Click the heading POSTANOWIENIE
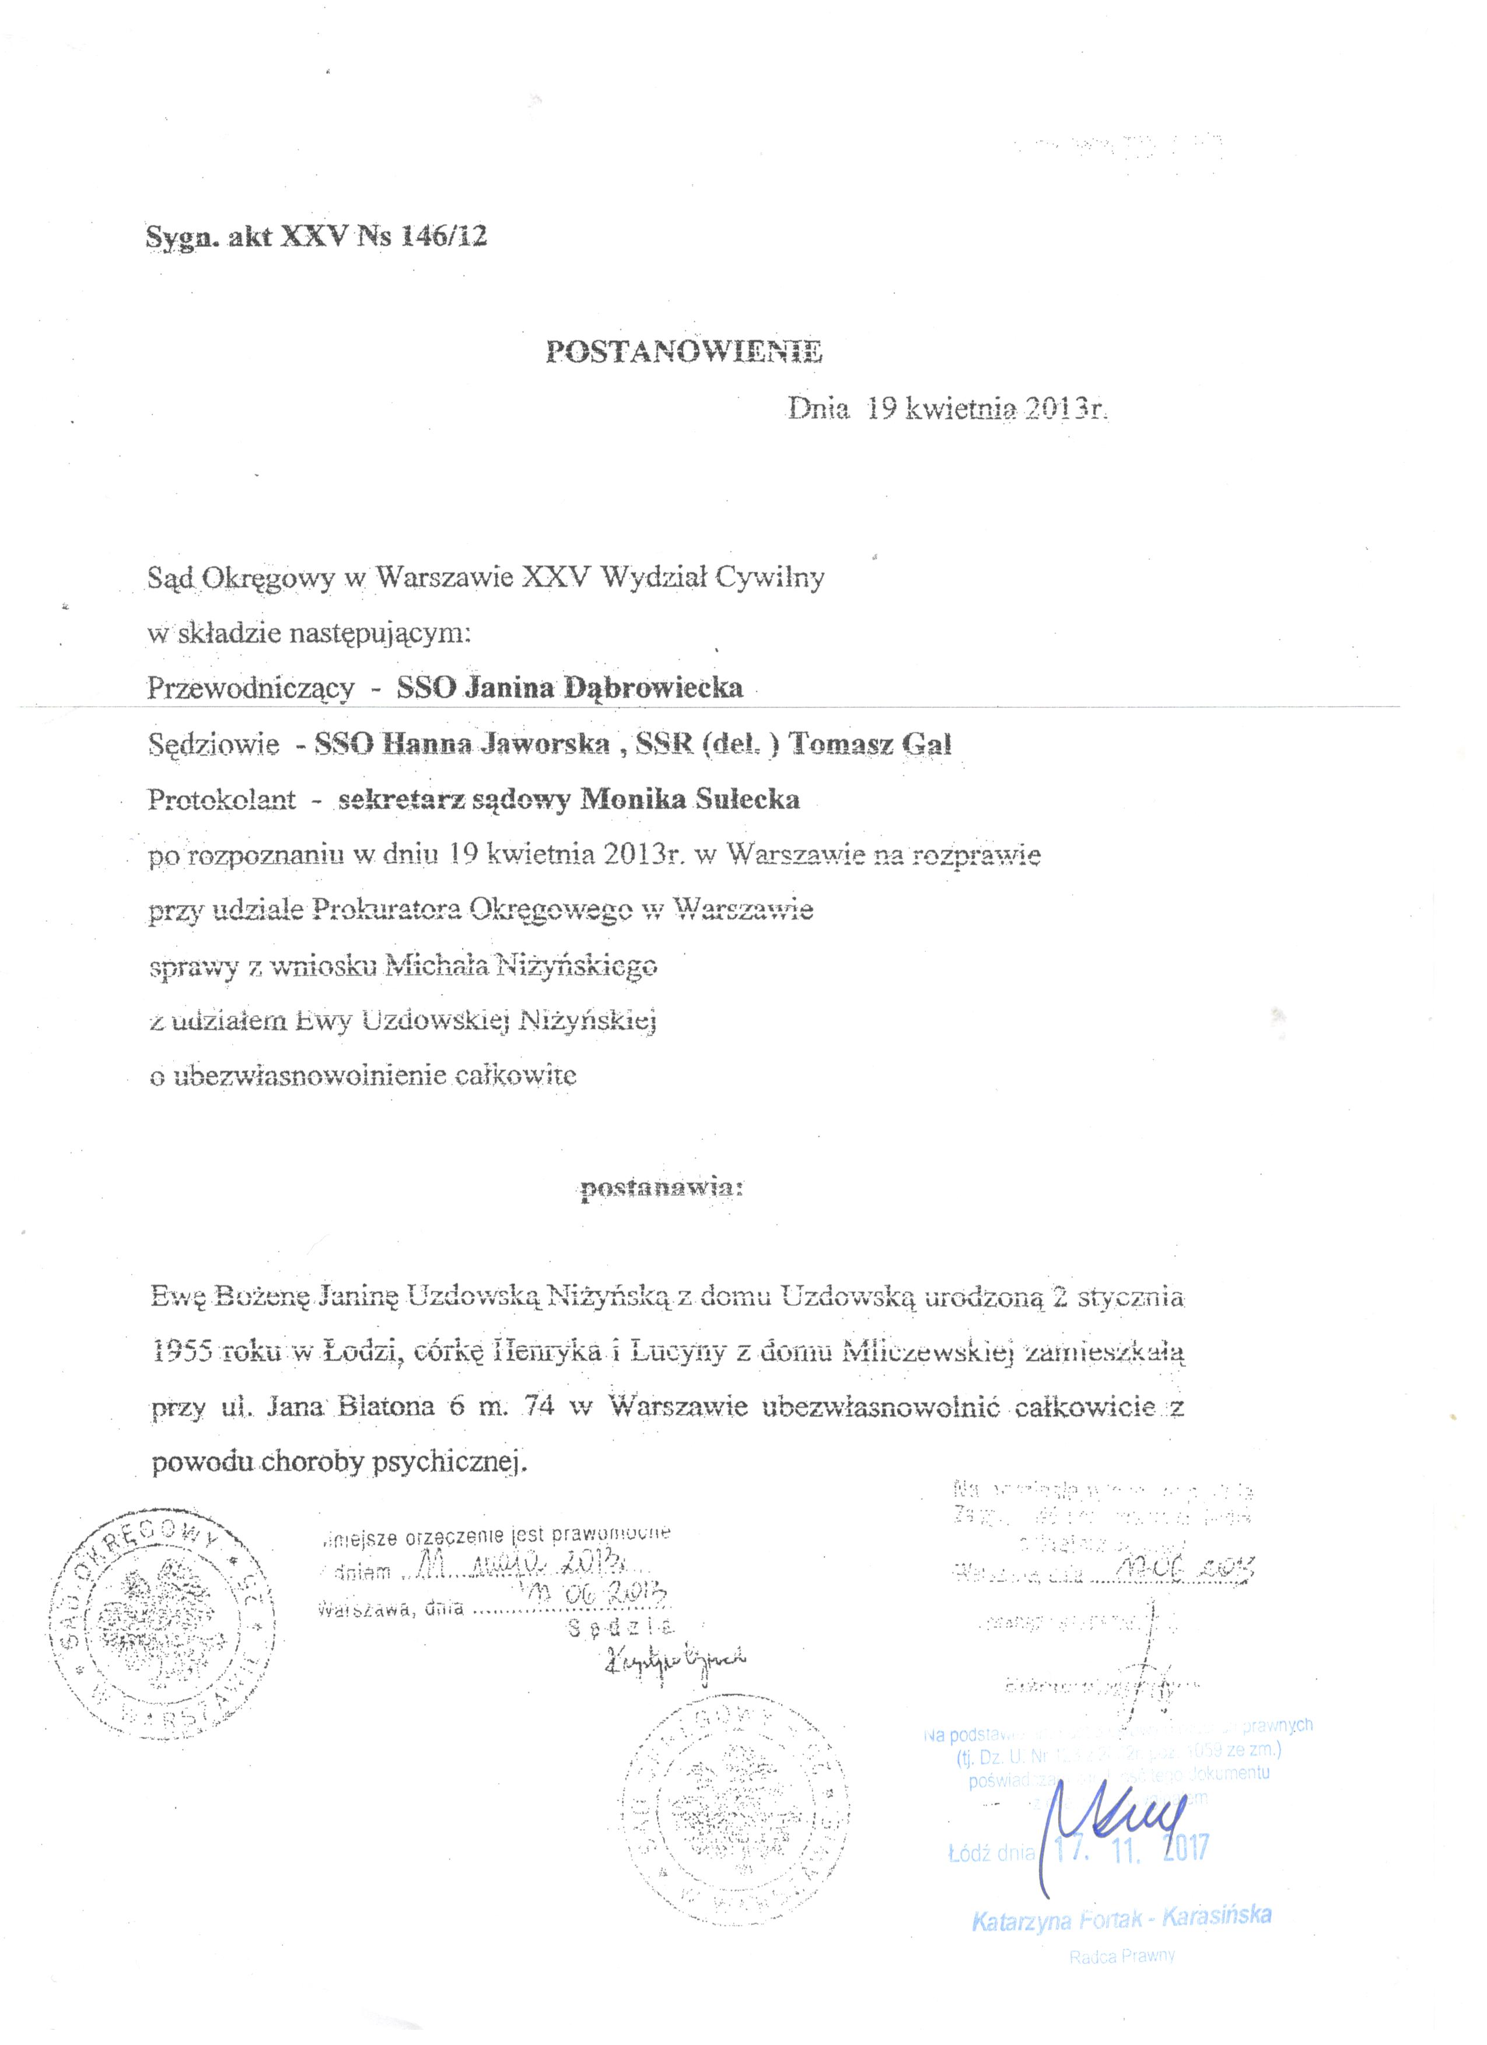tap(684, 352)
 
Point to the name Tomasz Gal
tap(871, 745)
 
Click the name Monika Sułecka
tap(690, 800)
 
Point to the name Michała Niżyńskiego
tap(521, 966)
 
